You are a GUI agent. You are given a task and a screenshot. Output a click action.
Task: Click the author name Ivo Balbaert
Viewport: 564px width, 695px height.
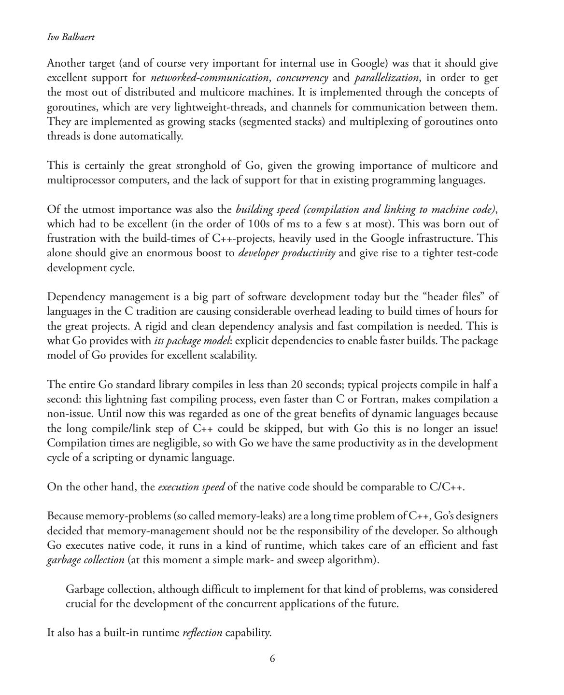point(70,37)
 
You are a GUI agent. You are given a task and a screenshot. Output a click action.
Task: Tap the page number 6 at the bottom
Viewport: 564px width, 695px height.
point(272,659)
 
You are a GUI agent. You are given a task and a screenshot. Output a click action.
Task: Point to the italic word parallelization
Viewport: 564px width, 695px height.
point(386,78)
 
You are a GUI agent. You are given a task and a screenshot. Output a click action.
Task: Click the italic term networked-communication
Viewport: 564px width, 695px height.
point(210,78)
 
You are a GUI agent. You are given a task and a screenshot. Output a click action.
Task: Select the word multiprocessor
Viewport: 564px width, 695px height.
point(80,180)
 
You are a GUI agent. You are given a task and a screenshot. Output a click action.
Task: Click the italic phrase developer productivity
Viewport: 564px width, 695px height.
point(287,253)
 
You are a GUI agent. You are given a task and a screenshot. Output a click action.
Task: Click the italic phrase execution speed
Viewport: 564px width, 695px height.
point(191,487)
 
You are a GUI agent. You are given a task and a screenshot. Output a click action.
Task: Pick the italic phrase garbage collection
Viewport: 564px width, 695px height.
point(85,560)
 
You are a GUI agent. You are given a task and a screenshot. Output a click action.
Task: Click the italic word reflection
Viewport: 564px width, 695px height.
point(202,633)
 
